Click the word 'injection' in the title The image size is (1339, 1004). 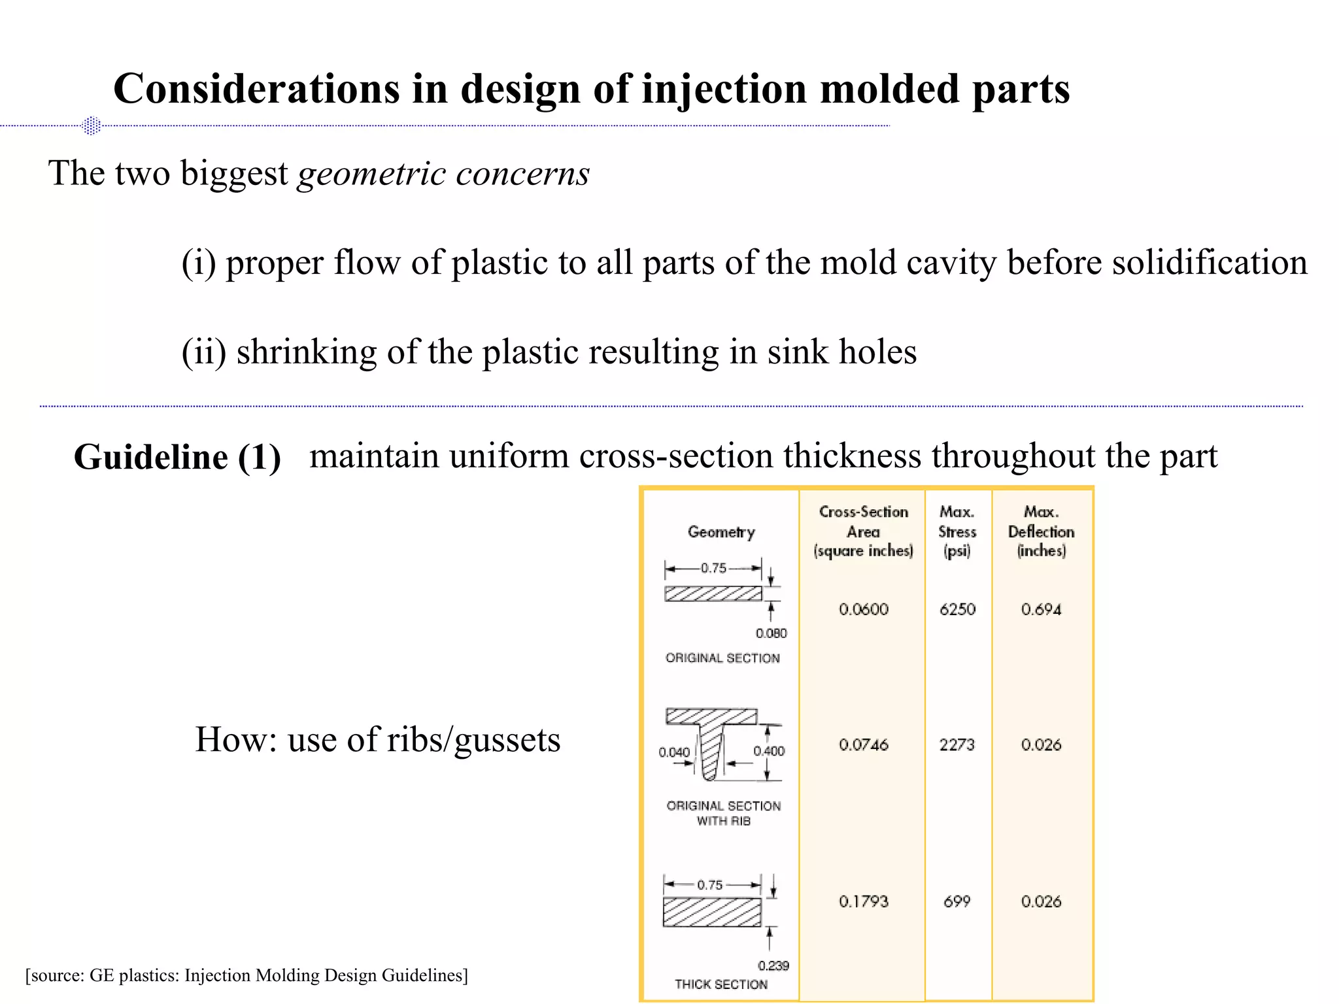[x=724, y=90]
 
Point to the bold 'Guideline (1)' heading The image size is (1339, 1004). [x=177, y=457]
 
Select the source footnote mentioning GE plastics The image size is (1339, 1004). [x=246, y=975]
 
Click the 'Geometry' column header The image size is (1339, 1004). [x=721, y=532]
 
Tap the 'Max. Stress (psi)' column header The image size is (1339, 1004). [x=957, y=531]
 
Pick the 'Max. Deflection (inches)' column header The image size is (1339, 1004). [x=1041, y=531]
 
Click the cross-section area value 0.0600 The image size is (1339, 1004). [x=864, y=609]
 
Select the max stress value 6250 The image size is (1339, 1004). [x=957, y=609]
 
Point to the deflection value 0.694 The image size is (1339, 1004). [x=1041, y=609]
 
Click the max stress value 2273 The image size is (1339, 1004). [x=957, y=745]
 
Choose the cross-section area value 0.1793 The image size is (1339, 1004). [x=864, y=901]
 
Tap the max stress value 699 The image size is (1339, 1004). [x=957, y=901]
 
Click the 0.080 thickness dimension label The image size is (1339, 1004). [x=771, y=633]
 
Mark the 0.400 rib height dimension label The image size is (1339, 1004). [x=769, y=751]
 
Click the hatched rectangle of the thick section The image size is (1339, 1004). [x=712, y=912]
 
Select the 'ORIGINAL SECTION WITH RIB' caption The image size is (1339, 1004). [x=723, y=813]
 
